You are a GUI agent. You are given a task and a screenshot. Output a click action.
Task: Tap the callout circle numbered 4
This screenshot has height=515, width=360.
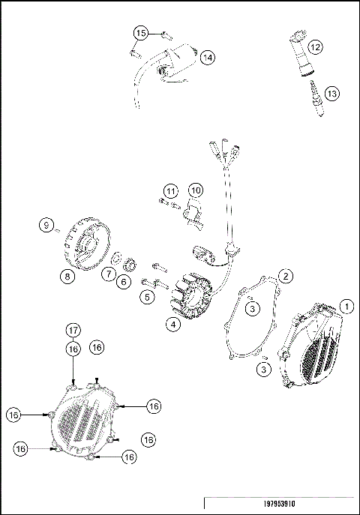(x=172, y=325)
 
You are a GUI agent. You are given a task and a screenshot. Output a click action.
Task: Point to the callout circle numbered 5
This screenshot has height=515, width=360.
(x=146, y=298)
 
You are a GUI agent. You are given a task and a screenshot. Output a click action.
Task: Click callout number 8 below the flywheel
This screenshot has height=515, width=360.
(x=68, y=276)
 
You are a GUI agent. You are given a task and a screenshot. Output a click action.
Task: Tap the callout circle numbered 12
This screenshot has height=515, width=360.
(x=316, y=47)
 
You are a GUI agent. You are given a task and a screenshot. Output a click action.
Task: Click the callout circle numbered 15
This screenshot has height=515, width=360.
(x=140, y=32)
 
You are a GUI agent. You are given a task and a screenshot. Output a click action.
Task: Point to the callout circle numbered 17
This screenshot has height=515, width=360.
(x=73, y=331)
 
